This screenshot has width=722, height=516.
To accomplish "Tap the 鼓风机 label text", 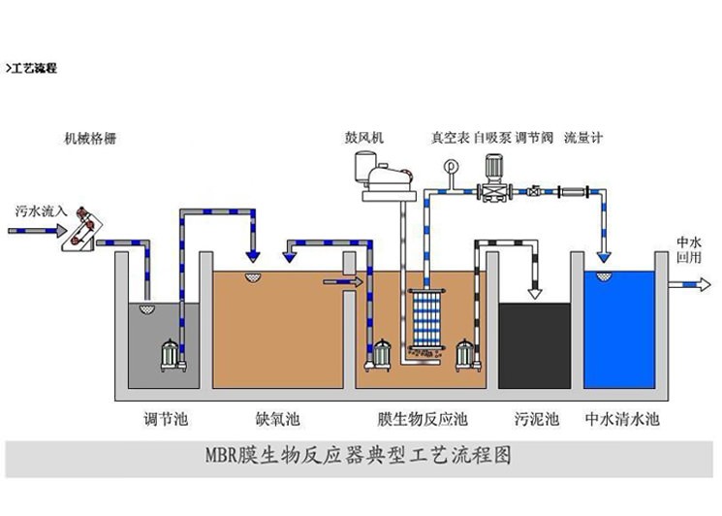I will pos(363,139).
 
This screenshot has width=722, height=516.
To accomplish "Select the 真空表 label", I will pos(451,139).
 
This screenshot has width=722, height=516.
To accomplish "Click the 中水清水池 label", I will pos(622,420).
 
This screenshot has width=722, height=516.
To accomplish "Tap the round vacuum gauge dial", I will pos(451,165).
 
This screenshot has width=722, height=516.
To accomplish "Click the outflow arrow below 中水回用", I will pos(688,284).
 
